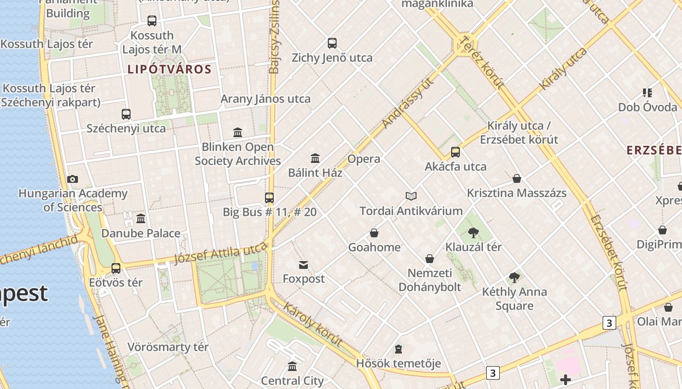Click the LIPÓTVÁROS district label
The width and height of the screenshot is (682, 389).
170,69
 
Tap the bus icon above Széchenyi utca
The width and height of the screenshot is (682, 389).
126,114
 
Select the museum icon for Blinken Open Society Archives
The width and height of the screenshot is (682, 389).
238,132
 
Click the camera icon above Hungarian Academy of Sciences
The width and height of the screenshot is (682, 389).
73,179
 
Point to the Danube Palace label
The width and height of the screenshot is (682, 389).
141,233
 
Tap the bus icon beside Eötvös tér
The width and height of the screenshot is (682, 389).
116,268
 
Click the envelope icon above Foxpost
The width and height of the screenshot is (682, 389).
303,265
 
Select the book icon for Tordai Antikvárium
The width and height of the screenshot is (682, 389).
411,196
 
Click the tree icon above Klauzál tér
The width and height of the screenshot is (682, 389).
473,232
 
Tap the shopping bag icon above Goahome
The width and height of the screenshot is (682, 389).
374,233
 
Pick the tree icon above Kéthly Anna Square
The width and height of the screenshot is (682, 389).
514,278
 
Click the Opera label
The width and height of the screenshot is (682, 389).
364,159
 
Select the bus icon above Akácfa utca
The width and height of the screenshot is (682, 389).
455,152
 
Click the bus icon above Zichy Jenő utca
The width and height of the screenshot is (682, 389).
332,43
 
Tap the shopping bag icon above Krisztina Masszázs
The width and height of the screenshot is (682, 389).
517,178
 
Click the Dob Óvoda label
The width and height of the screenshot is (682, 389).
647,107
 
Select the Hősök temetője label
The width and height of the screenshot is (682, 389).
398,363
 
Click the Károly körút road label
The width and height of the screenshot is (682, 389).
313,324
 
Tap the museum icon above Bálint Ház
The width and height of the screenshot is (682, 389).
315,158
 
